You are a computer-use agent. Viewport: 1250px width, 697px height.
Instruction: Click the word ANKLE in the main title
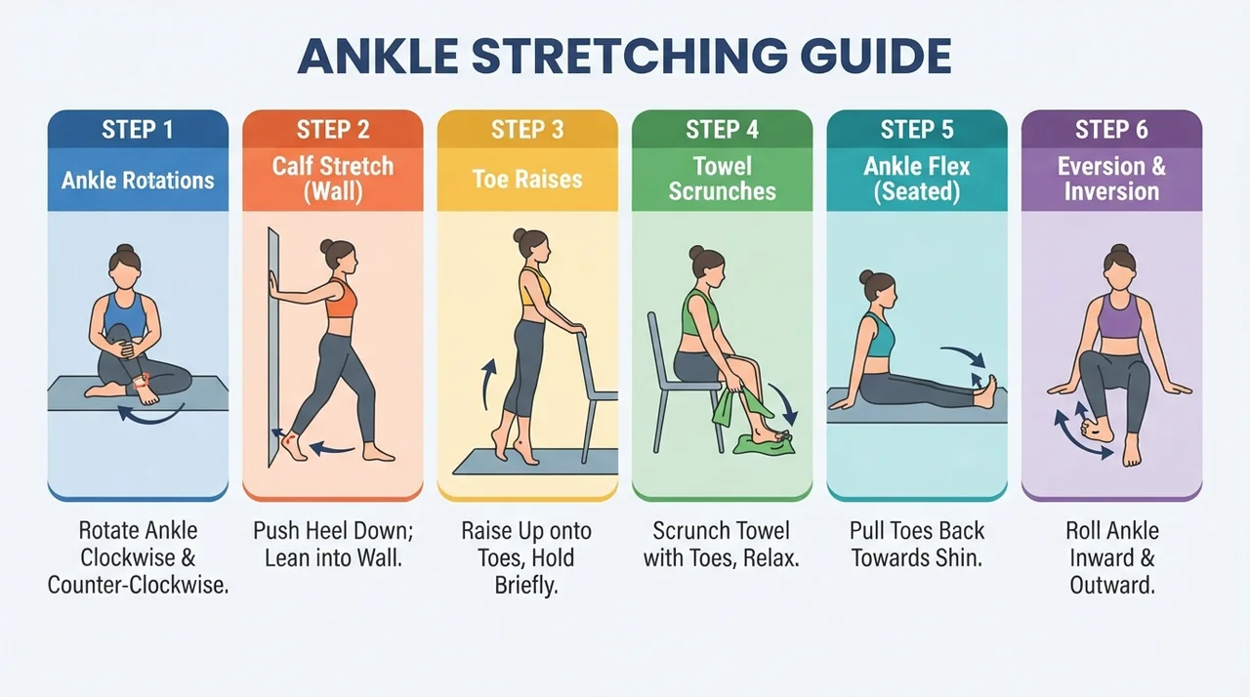379,57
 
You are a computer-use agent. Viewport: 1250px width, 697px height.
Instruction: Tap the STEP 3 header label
527,130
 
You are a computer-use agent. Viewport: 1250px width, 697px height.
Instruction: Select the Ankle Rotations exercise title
138,180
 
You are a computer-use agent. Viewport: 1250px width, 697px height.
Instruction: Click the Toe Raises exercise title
527,179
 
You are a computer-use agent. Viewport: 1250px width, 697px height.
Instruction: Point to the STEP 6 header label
1111,130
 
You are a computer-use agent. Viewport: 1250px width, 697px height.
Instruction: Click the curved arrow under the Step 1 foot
149,416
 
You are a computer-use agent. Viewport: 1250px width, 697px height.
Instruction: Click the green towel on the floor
765,444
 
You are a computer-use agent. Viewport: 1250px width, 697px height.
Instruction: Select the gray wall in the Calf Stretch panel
272,346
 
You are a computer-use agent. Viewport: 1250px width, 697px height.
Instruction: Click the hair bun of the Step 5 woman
866,276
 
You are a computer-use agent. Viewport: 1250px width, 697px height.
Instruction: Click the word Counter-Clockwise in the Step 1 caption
138,585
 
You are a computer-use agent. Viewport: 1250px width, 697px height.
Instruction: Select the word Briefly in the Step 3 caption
526,586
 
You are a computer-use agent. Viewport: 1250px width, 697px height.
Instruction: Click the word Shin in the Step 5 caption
959,557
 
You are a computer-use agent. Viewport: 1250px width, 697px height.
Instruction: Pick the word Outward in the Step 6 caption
1112,585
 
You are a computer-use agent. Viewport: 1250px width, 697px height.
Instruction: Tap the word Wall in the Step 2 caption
381,557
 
